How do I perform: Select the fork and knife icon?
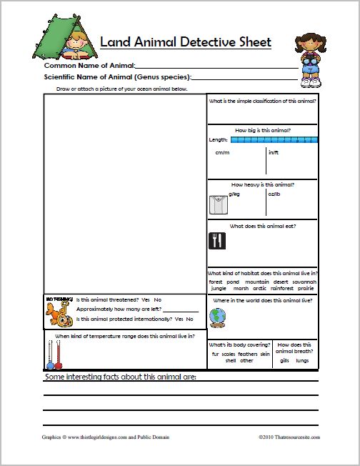coord(217,240)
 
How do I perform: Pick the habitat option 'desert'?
coord(280,282)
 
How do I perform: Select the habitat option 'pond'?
coord(233,282)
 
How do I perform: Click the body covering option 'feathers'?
coord(247,354)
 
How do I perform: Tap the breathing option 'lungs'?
coord(302,360)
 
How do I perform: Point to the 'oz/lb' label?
coord(274,193)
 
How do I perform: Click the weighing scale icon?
coord(219,204)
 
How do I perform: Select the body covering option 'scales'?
coord(229,354)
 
